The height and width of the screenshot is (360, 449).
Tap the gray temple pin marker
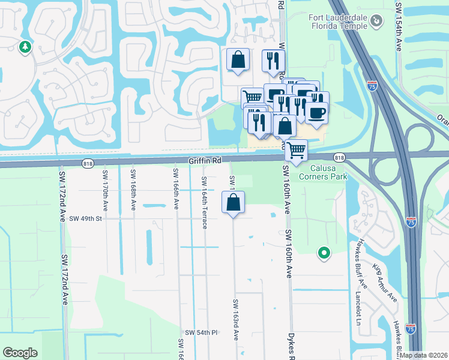(376, 21)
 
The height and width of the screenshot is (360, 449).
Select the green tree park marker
(25, 47)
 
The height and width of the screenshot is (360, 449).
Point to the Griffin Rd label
(205, 161)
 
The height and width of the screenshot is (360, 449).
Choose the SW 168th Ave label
(133, 191)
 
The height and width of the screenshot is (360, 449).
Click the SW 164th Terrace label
(205, 202)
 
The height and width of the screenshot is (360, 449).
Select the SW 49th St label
(86, 219)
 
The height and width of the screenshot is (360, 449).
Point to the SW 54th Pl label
(200, 332)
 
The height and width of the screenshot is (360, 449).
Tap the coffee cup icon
(316, 112)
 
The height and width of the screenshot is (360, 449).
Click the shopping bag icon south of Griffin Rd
(234, 203)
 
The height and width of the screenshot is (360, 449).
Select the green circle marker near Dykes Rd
(324, 253)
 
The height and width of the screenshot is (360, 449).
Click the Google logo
(20, 353)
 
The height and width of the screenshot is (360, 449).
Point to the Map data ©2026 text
(423, 355)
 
